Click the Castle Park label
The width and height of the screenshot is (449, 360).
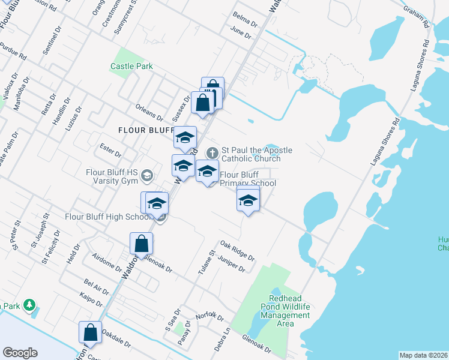pos(131,67)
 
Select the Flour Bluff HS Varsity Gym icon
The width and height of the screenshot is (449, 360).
pos(148,175)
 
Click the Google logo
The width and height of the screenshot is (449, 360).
pos(20,353)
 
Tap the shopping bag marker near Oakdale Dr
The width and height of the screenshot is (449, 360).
pos(90,332)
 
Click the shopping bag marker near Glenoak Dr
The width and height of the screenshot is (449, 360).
pos(141,243)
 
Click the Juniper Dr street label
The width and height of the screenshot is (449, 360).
pos(232,263)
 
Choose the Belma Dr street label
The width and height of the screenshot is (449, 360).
pos(244,26)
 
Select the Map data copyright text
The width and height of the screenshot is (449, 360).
pos(423,355)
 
